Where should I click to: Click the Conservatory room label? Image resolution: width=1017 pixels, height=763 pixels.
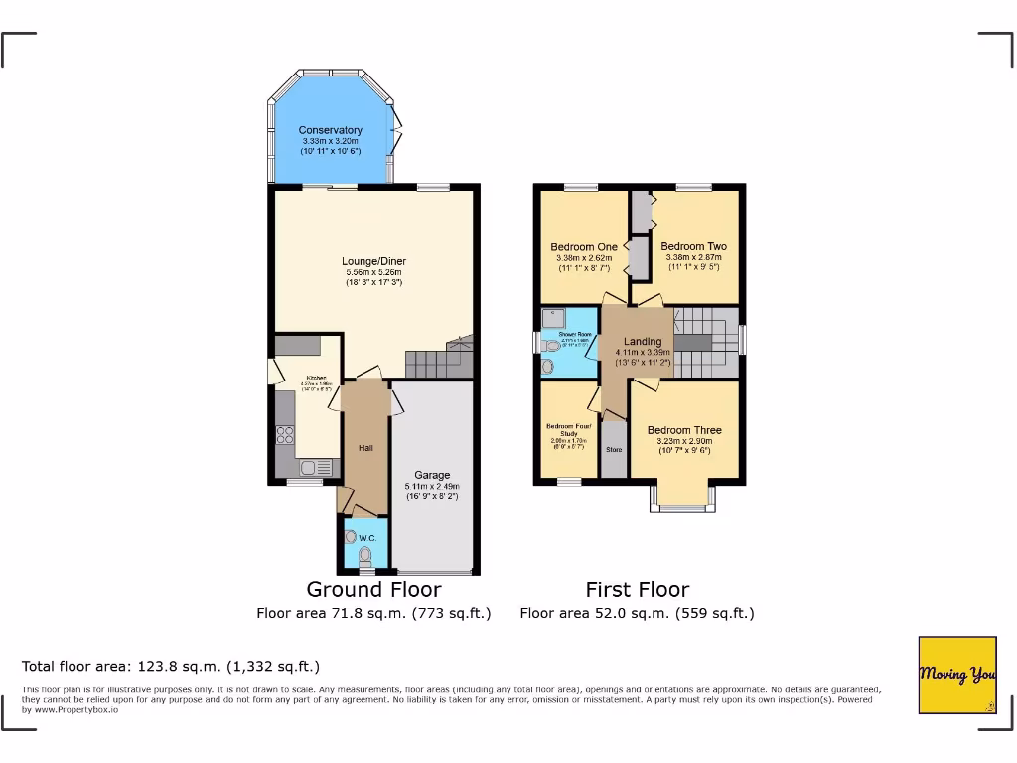pyautogui.click(x=331, y=130)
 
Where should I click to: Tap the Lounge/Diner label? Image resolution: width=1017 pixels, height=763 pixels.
pyautogui.click(x=374, y=262)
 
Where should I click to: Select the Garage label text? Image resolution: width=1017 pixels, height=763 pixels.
pyautogui.click(x=432, y=476)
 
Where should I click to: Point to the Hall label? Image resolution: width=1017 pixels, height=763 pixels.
pyautogui.click(x=365, y=449)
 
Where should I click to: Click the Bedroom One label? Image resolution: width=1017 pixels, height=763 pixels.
pyautogui.click(x=584, y=247)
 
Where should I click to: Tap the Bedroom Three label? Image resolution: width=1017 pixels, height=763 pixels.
pyautogui.click(x=684, y=430)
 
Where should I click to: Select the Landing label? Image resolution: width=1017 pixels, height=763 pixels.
pyautogui.click(x=643, y=342)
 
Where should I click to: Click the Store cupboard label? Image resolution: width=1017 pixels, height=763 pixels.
pyautogui.click(x=614, y=450)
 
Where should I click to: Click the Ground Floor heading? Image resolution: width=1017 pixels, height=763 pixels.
pyautogui.click(x=373, y=589)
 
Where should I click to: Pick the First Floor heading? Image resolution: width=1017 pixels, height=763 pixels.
pyautogui.click(x=637, y=589)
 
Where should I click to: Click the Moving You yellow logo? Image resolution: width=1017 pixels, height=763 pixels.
pyautogui.click(x=957, y=675)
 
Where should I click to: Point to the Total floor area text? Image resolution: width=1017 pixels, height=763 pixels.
pyautogui.click(x=171, y=666)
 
